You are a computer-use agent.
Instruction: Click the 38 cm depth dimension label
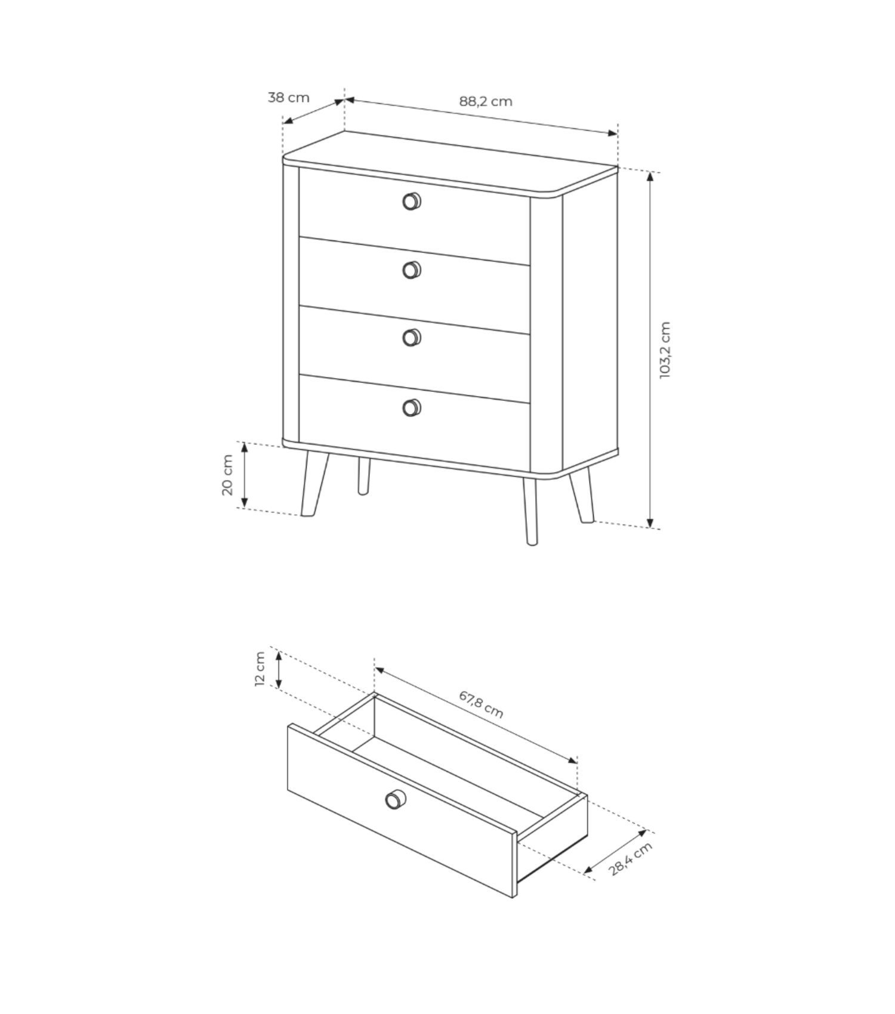(289, 97)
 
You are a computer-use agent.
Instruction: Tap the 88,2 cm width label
(486, 101)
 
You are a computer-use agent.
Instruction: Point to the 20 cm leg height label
(227, 475)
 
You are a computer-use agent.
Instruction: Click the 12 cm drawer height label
(260, 669)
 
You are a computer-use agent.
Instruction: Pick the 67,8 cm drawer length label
(481, 704)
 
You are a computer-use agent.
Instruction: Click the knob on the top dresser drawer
(412, 201)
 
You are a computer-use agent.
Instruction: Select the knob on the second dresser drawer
(412, 270)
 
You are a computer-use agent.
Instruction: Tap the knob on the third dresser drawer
(412, 338)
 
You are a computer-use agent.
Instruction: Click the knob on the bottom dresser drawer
(412, 407)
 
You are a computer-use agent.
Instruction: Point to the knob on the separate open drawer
(395, 799)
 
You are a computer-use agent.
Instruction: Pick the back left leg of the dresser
(363, 476)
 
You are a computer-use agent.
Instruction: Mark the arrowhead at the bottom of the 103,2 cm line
(651, 523)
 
